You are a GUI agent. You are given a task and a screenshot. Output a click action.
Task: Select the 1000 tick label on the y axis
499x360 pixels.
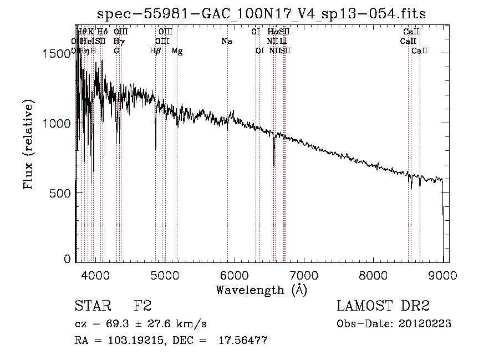click(58, 123)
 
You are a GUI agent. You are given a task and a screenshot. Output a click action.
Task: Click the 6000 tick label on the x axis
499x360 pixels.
click(234, 275)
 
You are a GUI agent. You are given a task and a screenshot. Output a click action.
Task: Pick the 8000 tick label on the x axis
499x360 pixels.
click(373, 275)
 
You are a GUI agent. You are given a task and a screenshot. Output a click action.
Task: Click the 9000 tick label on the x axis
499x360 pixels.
click(442, 275)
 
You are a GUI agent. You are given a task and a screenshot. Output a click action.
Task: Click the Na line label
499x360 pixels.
click(226, 41)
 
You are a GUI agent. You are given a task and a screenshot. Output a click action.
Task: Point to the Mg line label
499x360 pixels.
click(176, 50)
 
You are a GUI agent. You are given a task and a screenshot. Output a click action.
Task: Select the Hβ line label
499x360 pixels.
click(155, 50)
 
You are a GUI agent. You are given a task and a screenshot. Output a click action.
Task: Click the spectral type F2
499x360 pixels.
click(142, 306)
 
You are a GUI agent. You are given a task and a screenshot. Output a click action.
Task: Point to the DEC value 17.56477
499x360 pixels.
click(243, 341)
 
